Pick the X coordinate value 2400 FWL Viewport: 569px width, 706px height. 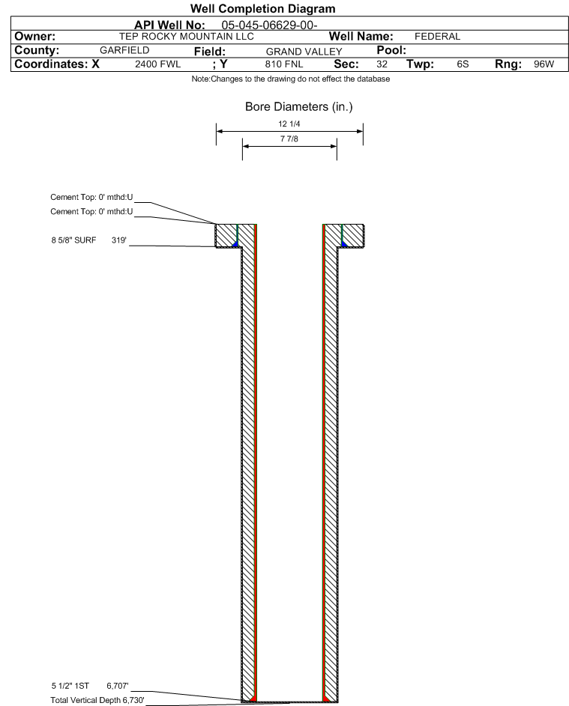coord(157,65)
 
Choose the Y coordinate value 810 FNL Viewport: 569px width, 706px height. coord(287,65)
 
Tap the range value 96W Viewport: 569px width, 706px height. coord(543,65)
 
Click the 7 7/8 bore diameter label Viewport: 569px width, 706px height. coord(289,140)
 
